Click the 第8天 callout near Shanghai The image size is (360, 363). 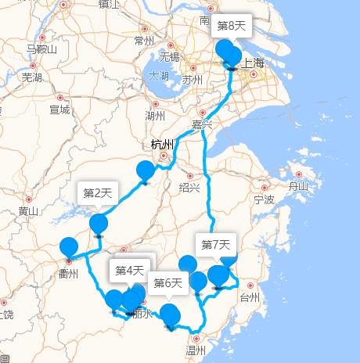point(232,26)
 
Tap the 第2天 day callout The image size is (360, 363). point(99,192)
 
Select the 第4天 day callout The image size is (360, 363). point(131,271)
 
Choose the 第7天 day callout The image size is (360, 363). point(216,245)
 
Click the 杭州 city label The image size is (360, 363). point(164,144)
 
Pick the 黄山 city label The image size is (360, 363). point(29,211)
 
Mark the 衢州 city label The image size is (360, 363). point(69,274)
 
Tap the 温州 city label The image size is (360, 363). point(196,350)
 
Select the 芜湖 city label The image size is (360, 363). point(32,77)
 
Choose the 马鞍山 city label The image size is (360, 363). point(41,50)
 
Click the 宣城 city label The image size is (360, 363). point(59,110)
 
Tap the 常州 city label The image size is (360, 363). point(145,41)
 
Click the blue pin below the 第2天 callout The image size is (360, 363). point(99,225)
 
